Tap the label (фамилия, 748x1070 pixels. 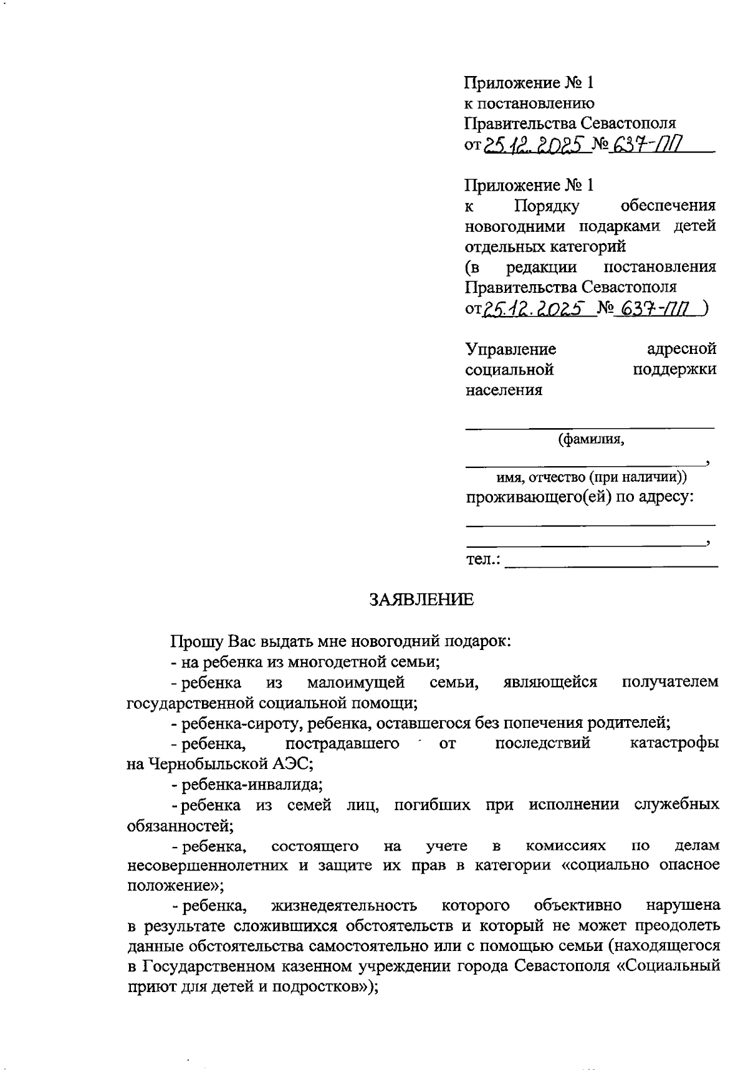[x=591, y=439]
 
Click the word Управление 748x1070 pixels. [x=511, y=348]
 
